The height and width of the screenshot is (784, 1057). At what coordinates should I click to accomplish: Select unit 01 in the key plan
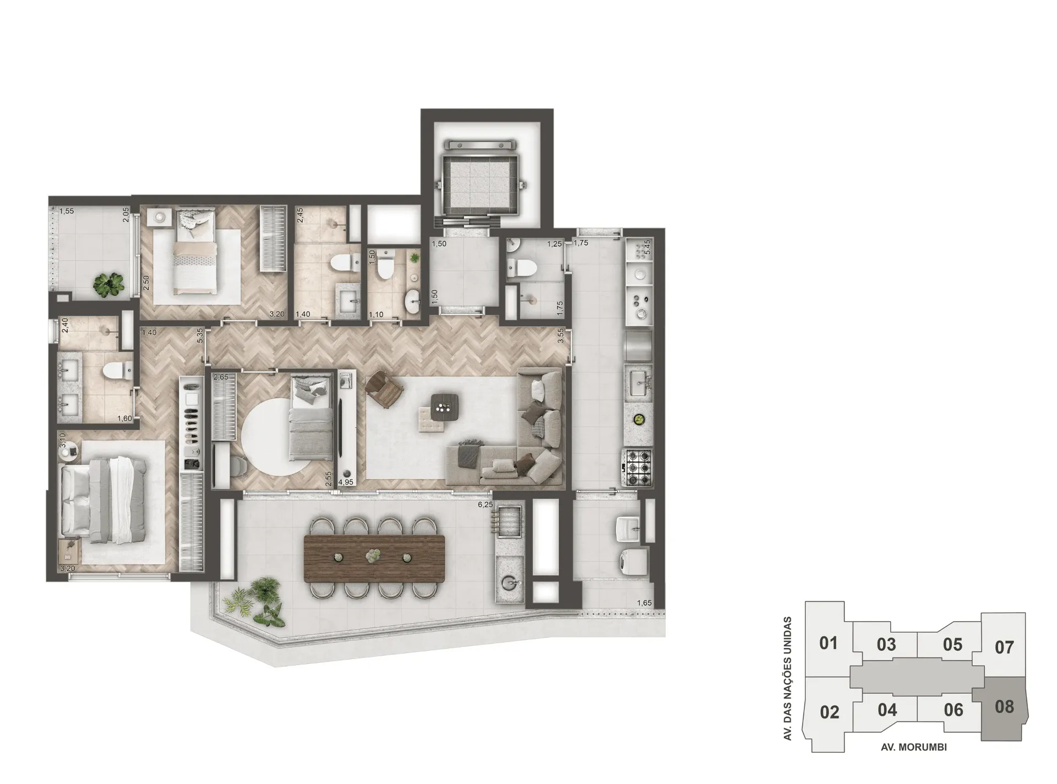pyautogui.click(x=828, y=643)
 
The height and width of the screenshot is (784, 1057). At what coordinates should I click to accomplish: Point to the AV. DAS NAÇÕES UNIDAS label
pyautogui.click(x=788, y=678)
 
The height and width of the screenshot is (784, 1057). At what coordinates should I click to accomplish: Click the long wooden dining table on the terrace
pyautogui.click(x=374, y=558)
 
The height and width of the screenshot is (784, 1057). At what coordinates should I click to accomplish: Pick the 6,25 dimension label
pyautogui.click(x=485, y=504)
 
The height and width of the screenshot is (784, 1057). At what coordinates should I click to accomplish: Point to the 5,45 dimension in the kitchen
pyautogui.click(x=647, y=246)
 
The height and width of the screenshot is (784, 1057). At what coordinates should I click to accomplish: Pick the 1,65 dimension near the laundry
pyautogui.click(x=644, y=603)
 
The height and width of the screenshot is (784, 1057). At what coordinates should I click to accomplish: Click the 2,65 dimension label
pyautogui.click(x=221, y=377)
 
